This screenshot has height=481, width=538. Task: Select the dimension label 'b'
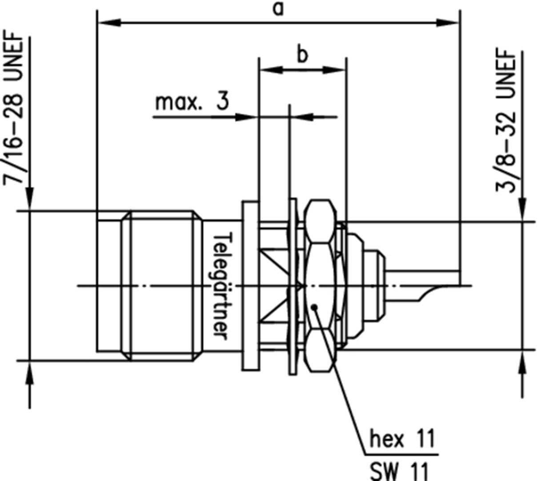tap(302, 56)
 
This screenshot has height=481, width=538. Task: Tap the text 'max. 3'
tap(192, 102)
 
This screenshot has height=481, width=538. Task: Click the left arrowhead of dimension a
tap(109, 22)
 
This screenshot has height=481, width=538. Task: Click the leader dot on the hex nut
tap(314, 307)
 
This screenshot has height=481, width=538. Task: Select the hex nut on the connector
tap(319, 285)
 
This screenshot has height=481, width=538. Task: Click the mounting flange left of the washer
tap(250, 285)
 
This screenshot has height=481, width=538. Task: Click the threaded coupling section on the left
tap(162, 285)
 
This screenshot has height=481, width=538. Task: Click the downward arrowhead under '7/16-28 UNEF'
tap(30, 198)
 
